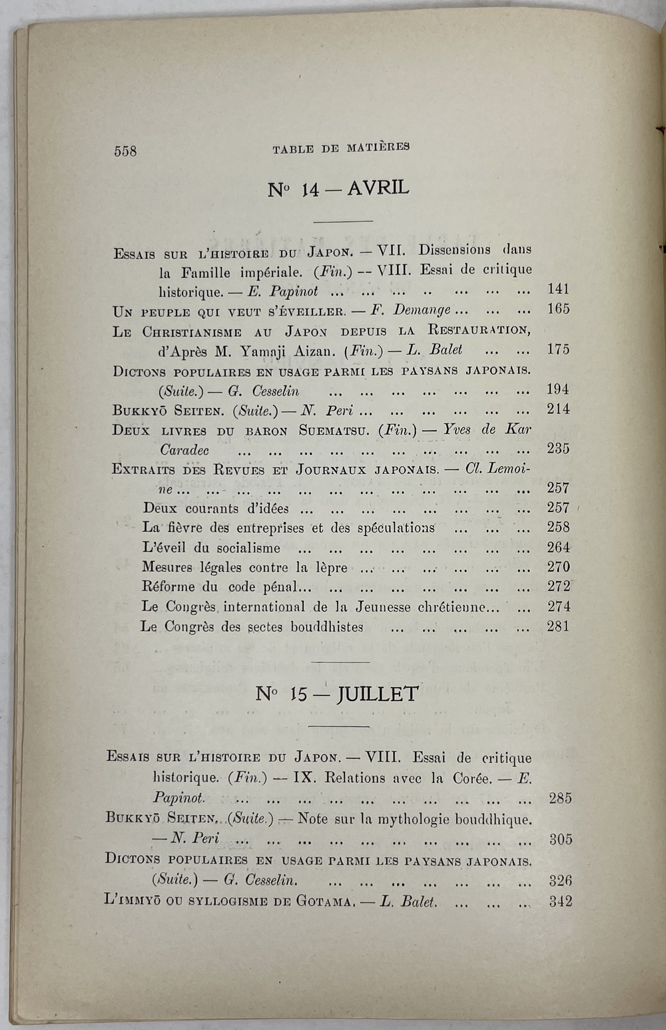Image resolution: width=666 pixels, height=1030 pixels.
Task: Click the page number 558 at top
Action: (x=125, y=151)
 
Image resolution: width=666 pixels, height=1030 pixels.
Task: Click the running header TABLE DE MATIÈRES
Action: (x=340, y=148)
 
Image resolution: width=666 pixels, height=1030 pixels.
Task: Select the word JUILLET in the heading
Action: (x=377, y=694)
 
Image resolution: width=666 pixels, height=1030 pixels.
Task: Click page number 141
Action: (x=558, y=289)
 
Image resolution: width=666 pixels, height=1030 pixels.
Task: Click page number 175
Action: (x=558, y=349)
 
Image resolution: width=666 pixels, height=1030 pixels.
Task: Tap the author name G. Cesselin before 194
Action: (x=264, y=391)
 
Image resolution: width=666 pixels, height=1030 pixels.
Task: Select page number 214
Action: (x=558, y=409)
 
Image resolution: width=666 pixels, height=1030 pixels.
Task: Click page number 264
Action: (x=558, y=547)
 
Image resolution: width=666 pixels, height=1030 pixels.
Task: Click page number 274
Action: (x=558, y=607)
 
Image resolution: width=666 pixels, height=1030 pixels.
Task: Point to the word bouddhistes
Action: (x=326, y=627)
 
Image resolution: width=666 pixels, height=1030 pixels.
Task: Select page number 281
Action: (x=558, y=626)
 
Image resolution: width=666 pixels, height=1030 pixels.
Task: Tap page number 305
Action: (x=560, y=839)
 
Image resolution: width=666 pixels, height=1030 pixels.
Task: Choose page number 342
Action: (x=560, y=902)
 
